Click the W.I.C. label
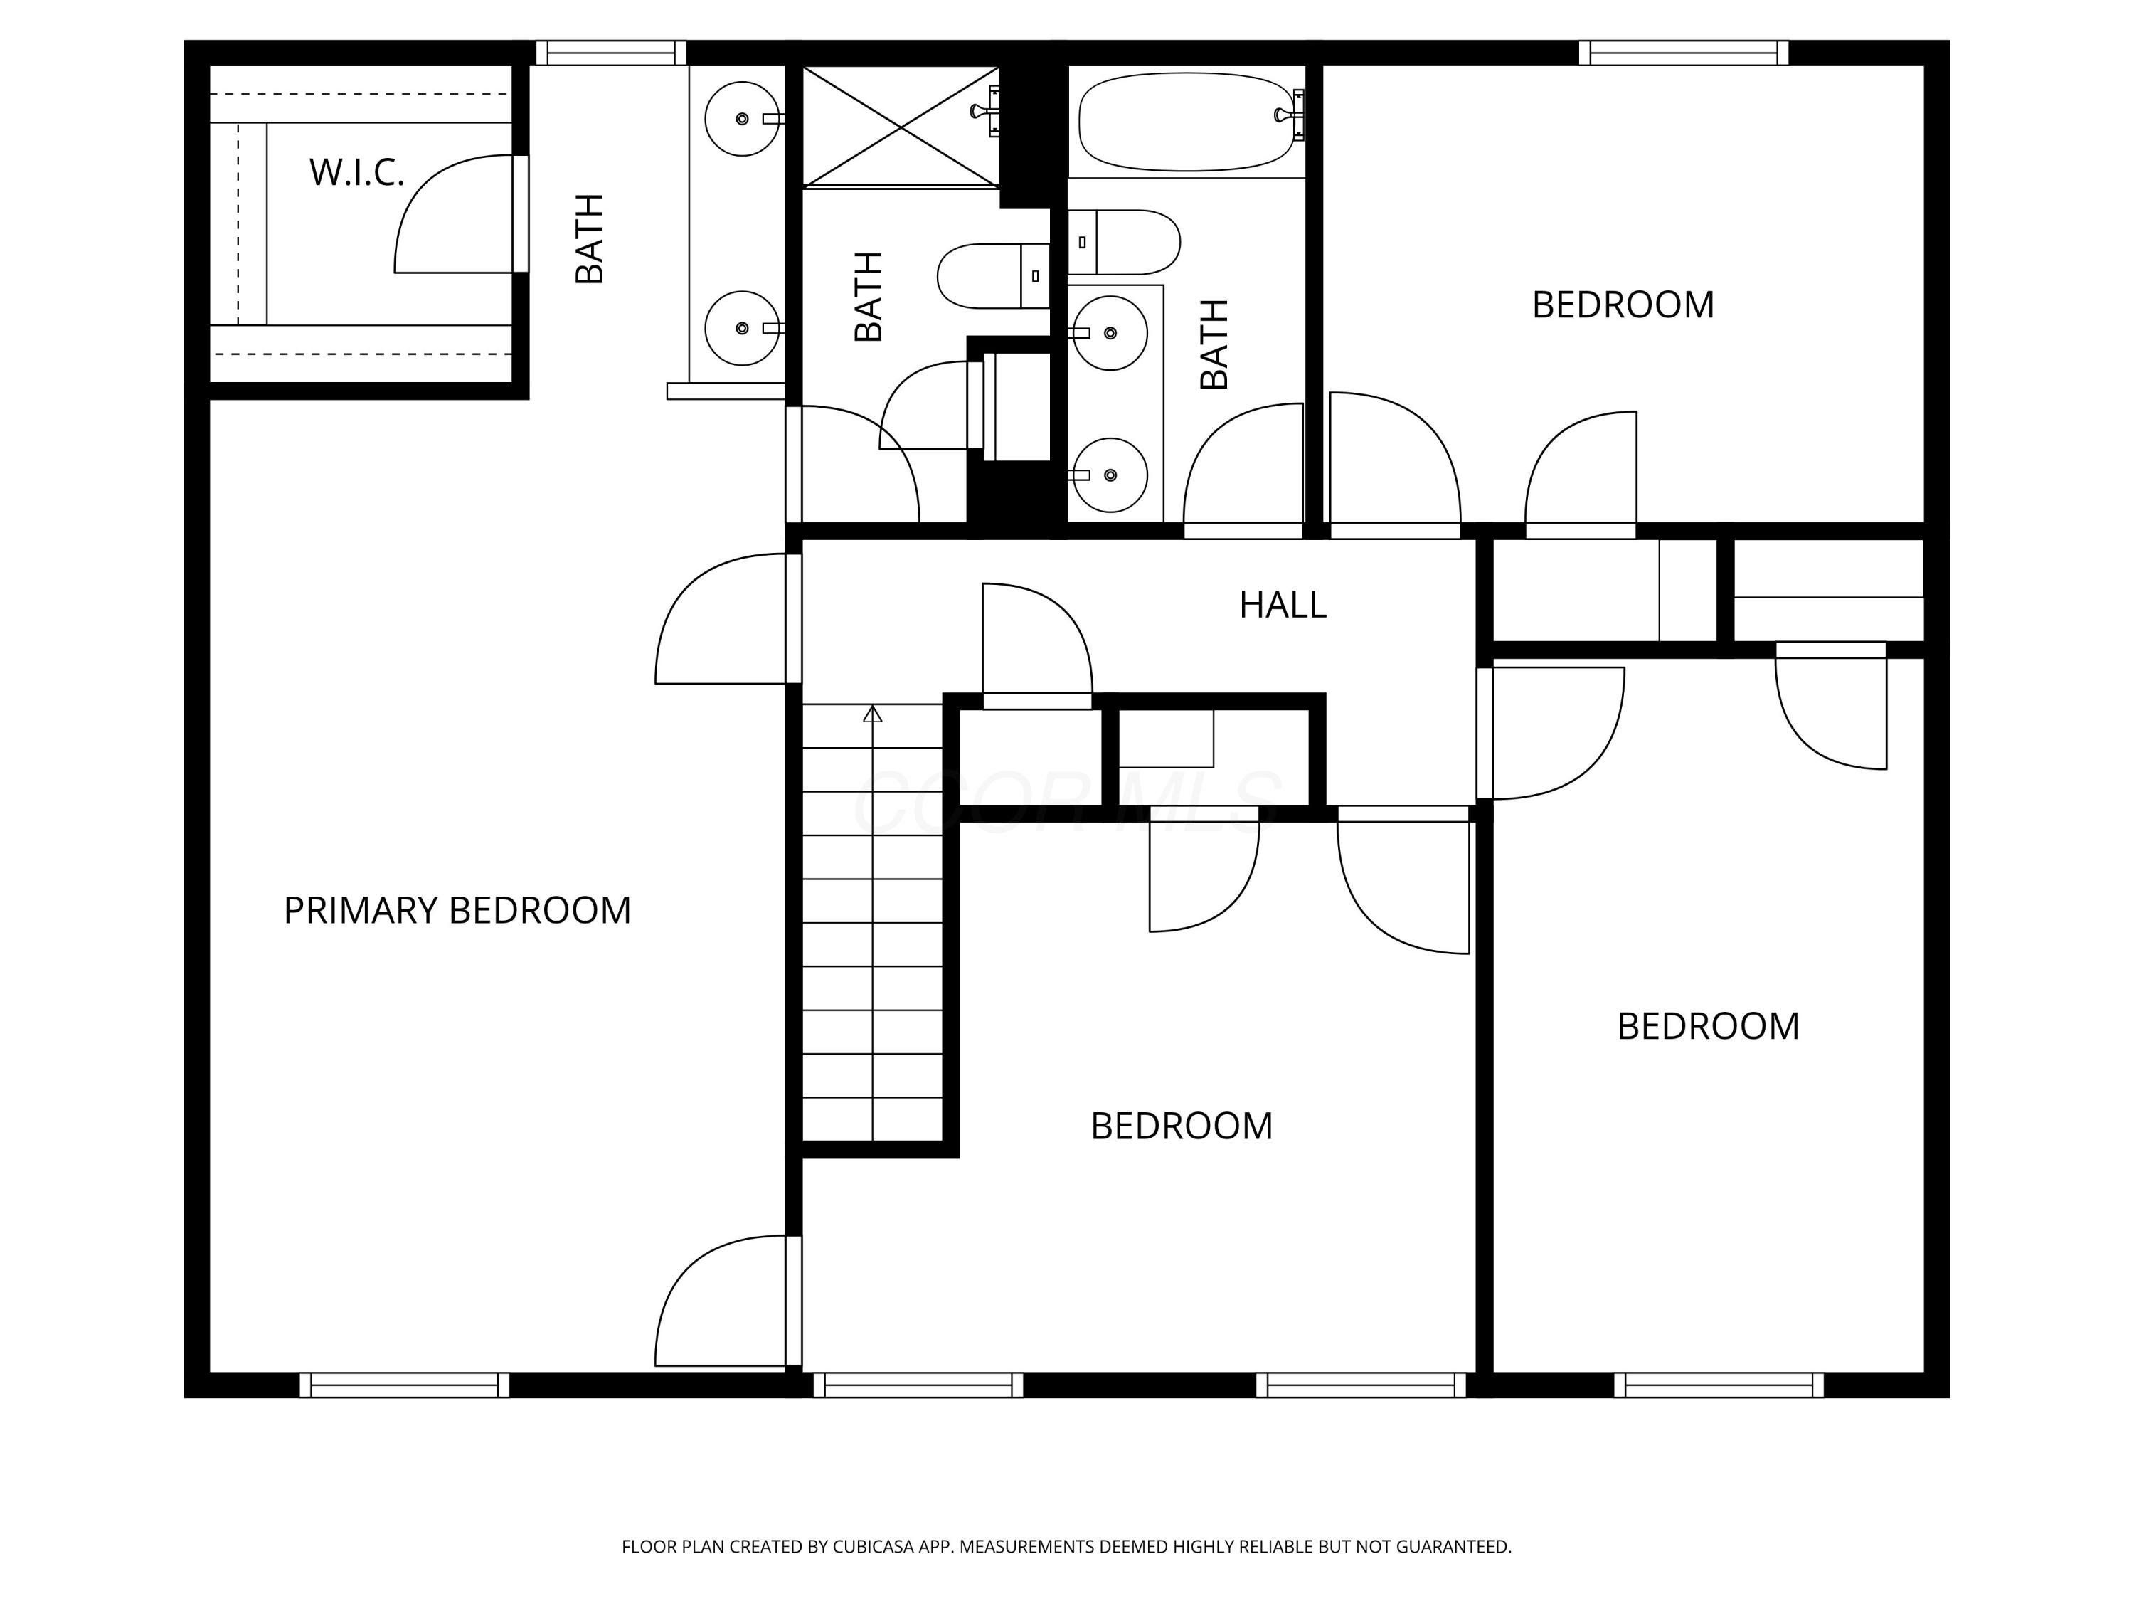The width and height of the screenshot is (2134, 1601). (x=356, y=173)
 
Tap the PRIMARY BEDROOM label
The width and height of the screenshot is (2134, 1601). (x=457, y=910)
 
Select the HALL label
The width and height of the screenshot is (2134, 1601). (x=1282, y=605)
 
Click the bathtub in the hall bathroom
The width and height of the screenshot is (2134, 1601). (x=1188, y=122)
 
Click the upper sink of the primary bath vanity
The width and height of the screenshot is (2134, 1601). (x=742, y=119)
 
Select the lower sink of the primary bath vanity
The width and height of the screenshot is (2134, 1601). (x=742, y=328)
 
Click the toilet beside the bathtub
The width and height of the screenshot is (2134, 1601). (x=1124, y=242)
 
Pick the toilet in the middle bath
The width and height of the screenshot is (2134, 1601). (x=994, y=276)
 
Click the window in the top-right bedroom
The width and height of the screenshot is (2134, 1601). (x=1684, y=53)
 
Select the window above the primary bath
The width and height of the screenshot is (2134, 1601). (x=610, y=53)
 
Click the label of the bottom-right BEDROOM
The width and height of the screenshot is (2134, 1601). (x=1708, y=1026)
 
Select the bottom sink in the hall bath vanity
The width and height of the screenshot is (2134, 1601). (x=1110, y=475)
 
